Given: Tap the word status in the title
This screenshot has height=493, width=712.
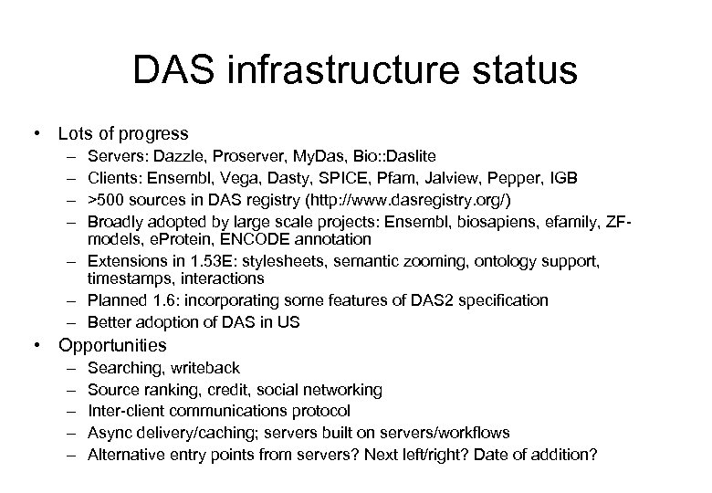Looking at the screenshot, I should pyautogui.click(x=528, y=69).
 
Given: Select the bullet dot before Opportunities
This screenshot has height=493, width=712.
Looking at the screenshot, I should pyautogui.click(x=36, y=345).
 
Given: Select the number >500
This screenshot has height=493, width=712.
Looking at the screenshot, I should pyautogui.click(x=106, y=199).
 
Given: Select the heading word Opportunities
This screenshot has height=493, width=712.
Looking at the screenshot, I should pyautogui.click(x=112, y=345).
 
